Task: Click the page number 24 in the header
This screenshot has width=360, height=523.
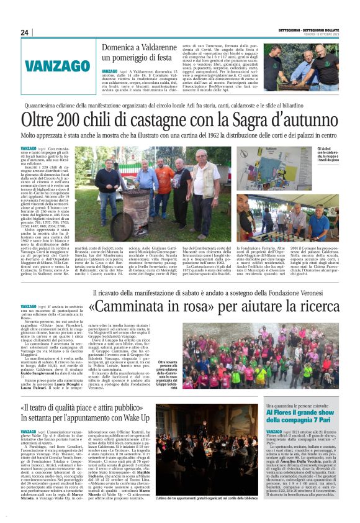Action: click(x=25, y=33)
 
